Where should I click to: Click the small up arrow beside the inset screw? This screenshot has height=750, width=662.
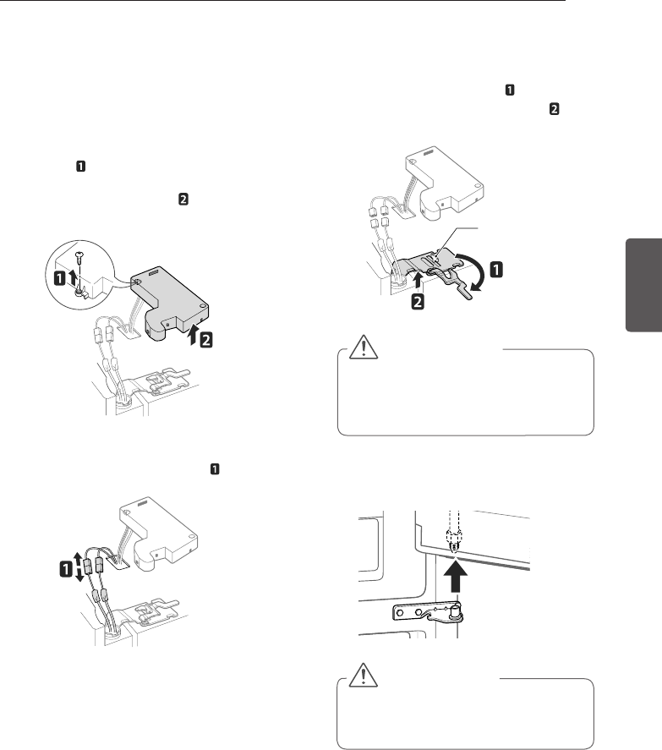click(77, 276)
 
